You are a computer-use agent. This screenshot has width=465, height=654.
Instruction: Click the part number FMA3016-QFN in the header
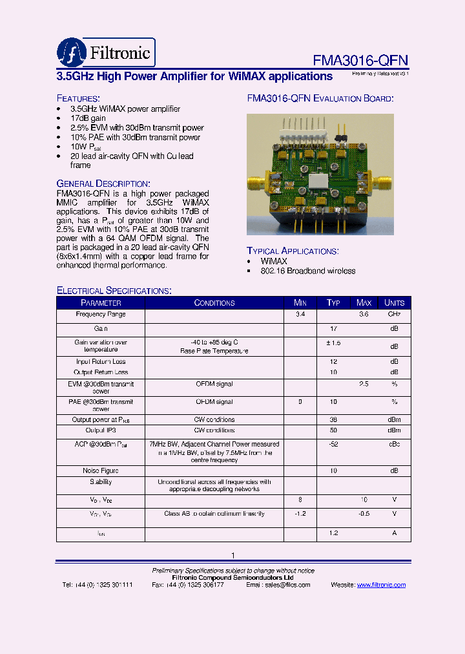tap(360, 60)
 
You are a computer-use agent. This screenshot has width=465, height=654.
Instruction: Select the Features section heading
tap(77, 98)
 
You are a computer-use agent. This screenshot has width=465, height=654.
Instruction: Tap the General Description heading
tap(103, 184)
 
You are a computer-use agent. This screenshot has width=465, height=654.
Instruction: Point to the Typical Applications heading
tap(293, 251)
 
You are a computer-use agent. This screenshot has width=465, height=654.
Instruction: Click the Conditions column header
tap(214, 302)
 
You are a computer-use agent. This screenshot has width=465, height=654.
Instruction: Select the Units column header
tap(394, 302)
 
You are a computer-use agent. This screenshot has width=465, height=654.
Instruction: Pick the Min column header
tap(300, 302)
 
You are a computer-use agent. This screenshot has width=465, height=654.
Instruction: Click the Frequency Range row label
tap(101, 314)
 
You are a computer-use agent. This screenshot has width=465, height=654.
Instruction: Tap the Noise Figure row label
tap(101, 470)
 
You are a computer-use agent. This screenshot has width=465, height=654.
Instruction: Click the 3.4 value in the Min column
tap(300, 314)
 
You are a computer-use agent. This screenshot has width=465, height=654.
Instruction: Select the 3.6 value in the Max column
tap(364, 314)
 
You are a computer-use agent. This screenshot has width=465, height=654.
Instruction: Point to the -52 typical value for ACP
tap(333, 444)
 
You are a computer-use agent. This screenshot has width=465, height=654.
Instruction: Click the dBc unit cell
tap(394, 444)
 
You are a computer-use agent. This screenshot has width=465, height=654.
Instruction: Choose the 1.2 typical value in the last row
tap(333, 533)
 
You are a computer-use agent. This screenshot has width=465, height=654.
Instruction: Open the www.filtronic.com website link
tap(381, 585)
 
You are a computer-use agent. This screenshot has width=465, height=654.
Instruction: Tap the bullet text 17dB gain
tap(88, 119)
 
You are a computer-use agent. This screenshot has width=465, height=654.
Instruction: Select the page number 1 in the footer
tap(232, 555)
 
